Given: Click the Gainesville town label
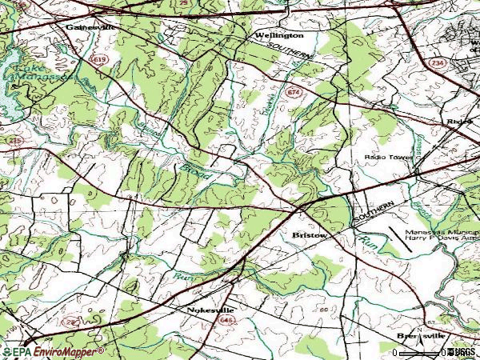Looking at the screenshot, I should click(90, 26).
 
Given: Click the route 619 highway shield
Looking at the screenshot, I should click(98, 61).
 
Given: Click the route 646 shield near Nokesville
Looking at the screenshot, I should click(219, 319).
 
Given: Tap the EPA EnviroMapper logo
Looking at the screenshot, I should click(53, 351).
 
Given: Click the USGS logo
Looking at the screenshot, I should click(462, 351).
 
